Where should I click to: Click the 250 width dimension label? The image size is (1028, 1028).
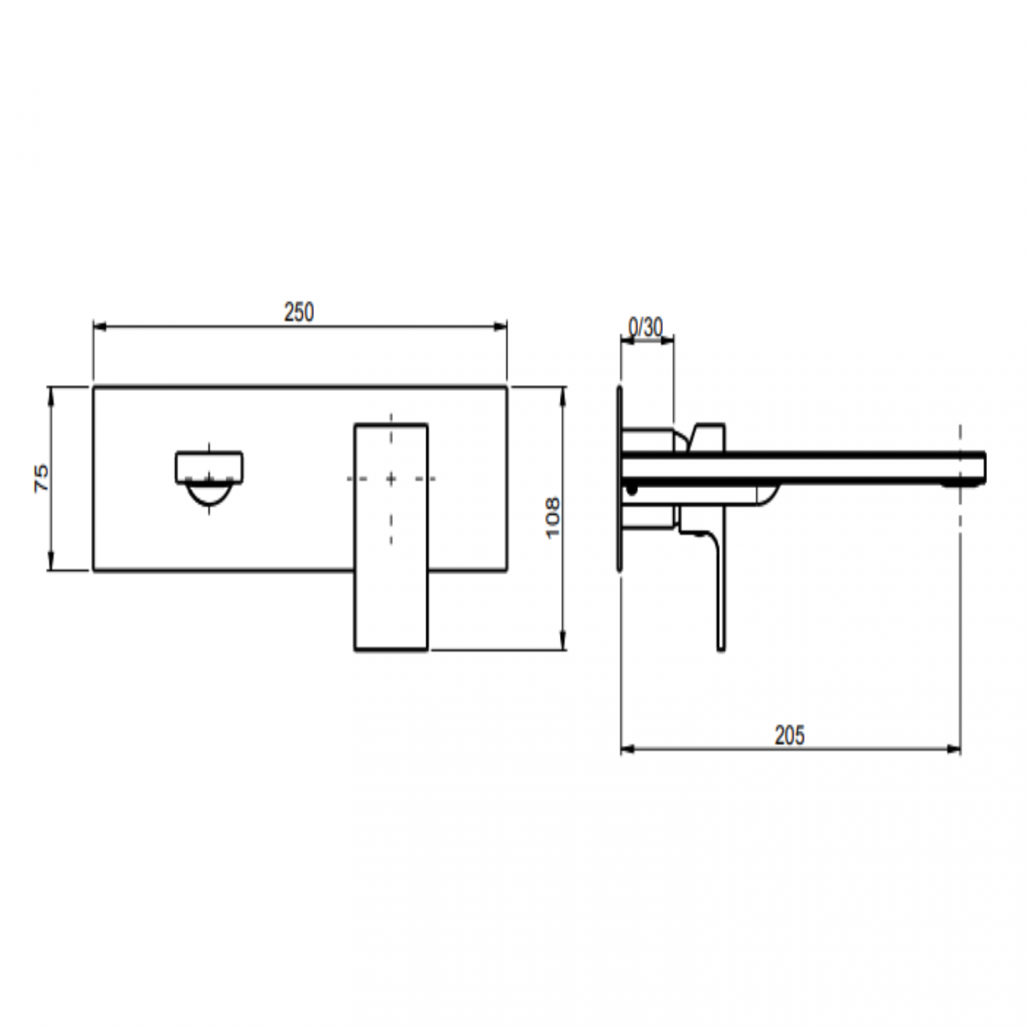click(299, 312)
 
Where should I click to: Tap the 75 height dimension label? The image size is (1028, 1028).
click(41, 478)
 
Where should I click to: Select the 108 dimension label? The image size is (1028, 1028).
click(553, 517)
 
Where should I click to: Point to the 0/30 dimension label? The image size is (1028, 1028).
click(645, 327)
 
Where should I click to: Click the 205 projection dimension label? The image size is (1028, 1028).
click(789, 735)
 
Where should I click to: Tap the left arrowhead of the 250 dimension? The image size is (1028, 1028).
click(99, 324)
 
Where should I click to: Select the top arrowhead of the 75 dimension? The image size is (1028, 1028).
click(51, 391)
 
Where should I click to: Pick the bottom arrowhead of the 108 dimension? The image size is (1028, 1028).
click(563, 644)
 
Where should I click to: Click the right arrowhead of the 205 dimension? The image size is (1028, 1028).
click(955, 748)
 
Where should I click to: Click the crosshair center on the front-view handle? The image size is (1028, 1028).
click(391, 478)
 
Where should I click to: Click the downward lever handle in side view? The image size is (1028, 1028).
click(720, 593)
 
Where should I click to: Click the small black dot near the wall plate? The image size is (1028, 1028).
click(631, 490)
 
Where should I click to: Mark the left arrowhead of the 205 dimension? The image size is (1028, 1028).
click(626, 748)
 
